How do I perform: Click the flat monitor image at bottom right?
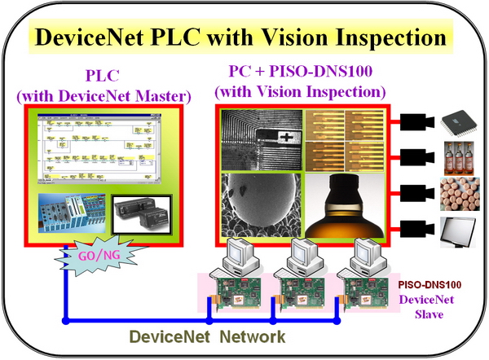(x=459, y=232)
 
